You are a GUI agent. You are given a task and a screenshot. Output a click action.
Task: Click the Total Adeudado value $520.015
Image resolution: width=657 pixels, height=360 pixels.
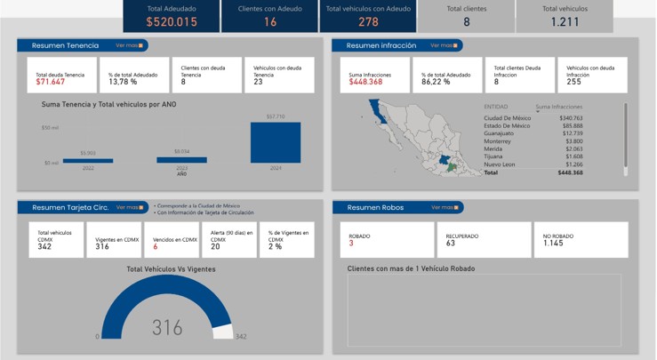click(172, 22)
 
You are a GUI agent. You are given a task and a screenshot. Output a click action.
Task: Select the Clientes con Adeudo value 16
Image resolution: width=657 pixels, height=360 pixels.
click(269, 22)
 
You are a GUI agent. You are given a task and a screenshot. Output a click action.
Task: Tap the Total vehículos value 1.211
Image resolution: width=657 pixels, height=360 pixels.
click(565, 22)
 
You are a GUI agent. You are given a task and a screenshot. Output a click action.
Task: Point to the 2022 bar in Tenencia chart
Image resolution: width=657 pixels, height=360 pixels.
click(88, 160)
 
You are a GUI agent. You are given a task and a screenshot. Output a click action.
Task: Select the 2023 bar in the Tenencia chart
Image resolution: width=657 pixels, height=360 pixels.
click(181, 160)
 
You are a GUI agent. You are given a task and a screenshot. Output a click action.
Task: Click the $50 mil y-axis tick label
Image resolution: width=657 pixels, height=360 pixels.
click(50, 128)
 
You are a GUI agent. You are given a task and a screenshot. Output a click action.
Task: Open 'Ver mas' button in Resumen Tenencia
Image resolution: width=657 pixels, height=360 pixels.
click(130, 44)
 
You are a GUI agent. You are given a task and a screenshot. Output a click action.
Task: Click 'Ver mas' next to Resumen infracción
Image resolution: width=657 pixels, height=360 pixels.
click(445, 44)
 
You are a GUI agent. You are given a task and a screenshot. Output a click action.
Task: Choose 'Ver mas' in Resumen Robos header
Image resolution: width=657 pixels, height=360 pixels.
click(445, 207)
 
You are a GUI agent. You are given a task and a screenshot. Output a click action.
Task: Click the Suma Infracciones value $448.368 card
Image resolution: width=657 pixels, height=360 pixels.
click(365, 82)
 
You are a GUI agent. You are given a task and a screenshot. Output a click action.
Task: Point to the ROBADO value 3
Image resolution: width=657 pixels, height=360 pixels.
click(351, 244)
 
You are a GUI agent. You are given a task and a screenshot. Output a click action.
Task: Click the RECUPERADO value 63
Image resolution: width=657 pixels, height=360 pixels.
click(451, 244)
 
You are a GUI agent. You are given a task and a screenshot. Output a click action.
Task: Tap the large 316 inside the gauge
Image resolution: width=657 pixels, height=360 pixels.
click(166, 327)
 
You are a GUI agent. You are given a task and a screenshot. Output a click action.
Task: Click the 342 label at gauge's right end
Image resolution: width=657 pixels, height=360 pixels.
click(240, 337)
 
